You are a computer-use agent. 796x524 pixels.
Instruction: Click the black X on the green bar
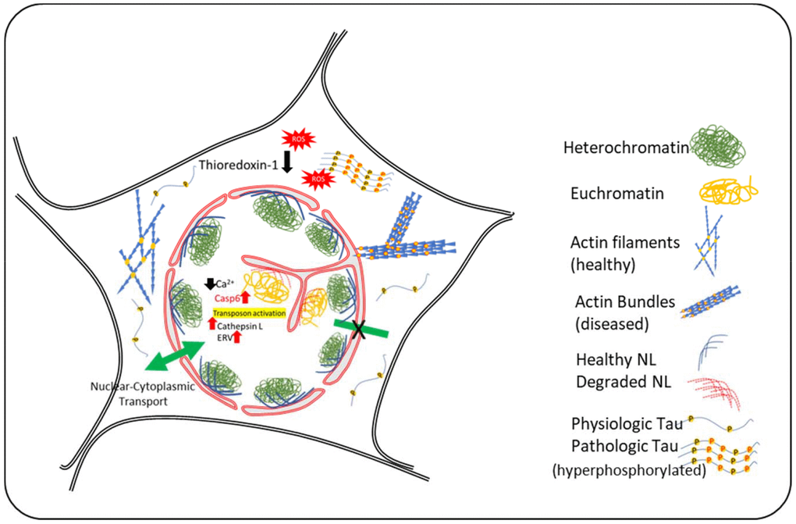point(361,330)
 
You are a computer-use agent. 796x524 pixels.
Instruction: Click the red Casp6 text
point(226,298)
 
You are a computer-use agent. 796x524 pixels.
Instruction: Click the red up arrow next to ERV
point(247,337)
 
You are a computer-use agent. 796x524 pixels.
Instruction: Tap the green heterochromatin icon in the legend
point(708,147)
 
